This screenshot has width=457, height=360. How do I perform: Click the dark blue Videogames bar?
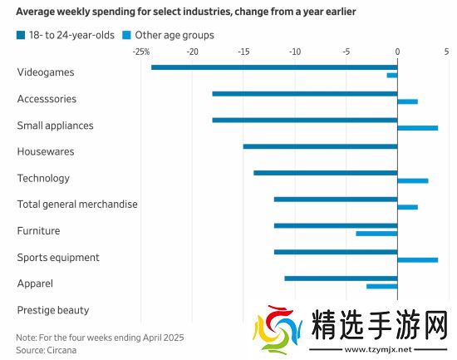pos(274,67)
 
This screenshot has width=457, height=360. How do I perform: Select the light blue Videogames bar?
pos(392,75)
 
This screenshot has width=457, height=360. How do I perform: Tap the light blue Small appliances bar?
pos(417,128)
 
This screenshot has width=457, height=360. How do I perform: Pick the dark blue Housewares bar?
pos(320,146)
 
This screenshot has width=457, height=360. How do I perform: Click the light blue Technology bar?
pos(412,180)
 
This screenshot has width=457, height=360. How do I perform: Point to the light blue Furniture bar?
pos(376,234)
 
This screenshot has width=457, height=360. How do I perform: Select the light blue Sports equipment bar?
pos(417,260)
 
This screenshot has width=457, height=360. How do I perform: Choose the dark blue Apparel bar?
pos(341,279)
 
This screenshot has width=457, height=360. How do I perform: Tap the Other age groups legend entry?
pos(168,35)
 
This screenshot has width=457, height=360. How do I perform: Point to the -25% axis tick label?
pos(140,52)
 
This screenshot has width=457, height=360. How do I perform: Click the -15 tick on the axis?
pos(243,52)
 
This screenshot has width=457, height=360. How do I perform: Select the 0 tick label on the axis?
pos(397,52)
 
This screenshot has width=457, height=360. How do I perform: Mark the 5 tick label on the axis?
pos(446,52)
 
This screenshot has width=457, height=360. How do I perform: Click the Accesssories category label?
pos(47,99)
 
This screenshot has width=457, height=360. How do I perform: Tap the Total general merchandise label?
pos(77,205)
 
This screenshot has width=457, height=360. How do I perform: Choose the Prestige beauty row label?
pos(52,310)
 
